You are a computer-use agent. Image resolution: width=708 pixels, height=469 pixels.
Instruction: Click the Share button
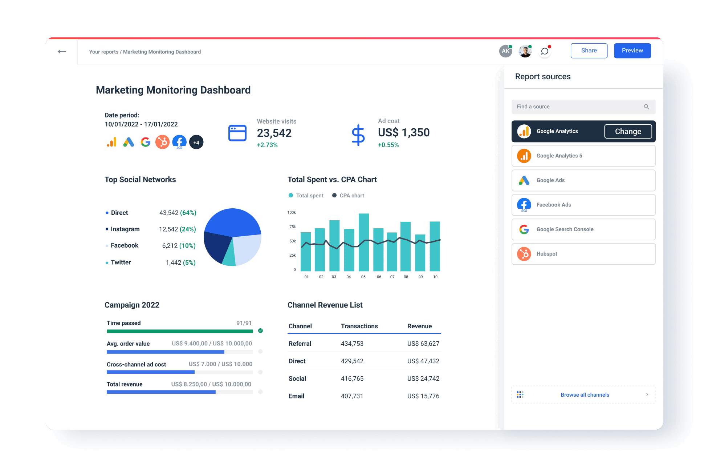click(589, 51)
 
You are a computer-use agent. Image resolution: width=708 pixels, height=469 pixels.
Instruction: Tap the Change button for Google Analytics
click(628, 132)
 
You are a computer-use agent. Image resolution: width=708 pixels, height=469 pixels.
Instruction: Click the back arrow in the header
click(62, 52)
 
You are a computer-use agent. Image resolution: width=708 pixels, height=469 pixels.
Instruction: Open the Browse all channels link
click(585, 395)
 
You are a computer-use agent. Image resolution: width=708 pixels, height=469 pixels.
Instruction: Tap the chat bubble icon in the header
click(545, 51)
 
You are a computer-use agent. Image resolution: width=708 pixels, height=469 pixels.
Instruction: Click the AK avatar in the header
click(505, 51)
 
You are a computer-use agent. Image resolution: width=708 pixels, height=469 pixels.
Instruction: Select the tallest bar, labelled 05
click(363, 242)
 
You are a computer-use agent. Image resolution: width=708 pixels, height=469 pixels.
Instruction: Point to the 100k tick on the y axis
click(292, 213)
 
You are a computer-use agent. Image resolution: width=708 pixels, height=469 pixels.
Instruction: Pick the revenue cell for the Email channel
click(423, 396)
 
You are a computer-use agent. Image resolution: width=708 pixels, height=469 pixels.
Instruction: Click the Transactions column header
click(359, 326)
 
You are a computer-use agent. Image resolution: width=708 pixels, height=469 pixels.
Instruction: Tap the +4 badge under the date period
click(196, 143)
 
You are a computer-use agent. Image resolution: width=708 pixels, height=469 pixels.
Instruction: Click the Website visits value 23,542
click(274, 133)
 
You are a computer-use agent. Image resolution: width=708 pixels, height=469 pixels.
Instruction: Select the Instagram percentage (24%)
click(188, 229)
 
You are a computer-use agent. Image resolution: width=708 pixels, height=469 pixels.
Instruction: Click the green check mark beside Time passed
click(260, 331)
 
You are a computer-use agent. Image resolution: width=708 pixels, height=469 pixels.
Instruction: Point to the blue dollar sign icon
click(358, 135)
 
